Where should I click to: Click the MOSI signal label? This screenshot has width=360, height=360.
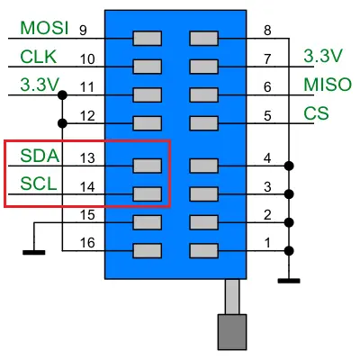click(44, 28)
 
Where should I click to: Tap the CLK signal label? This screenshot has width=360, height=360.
click(39, 57)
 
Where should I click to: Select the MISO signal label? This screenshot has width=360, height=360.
click(328, 85)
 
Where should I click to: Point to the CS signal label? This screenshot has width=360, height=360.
click(316, 113)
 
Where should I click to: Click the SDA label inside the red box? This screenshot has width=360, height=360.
click(40, 156)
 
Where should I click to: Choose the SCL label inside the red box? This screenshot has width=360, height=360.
click(39, 184)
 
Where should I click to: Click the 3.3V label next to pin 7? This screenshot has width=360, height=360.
click(323, 56)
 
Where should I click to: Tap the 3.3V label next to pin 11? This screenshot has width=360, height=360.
click(40, 85)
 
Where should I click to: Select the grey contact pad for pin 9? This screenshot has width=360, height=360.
click(148, 39)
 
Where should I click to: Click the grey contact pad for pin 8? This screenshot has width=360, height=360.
click(204, 39)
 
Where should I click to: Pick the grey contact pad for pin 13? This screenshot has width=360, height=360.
click(148, 166)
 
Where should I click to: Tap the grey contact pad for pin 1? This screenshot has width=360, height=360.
click(204, 251)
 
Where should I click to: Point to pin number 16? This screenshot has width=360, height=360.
click(87, 243)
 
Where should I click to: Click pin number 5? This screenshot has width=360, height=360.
click(267, 116)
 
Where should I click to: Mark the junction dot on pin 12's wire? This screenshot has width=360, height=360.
click(62, 123)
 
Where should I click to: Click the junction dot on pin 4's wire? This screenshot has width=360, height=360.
click(289, 166)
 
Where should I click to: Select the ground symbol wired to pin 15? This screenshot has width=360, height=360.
click(34, 253)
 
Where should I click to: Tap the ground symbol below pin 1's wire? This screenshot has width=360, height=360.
click(289, 281)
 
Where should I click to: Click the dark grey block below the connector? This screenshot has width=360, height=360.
click(232, 332)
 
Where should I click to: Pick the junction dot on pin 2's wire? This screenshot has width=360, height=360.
click(289, 222)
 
